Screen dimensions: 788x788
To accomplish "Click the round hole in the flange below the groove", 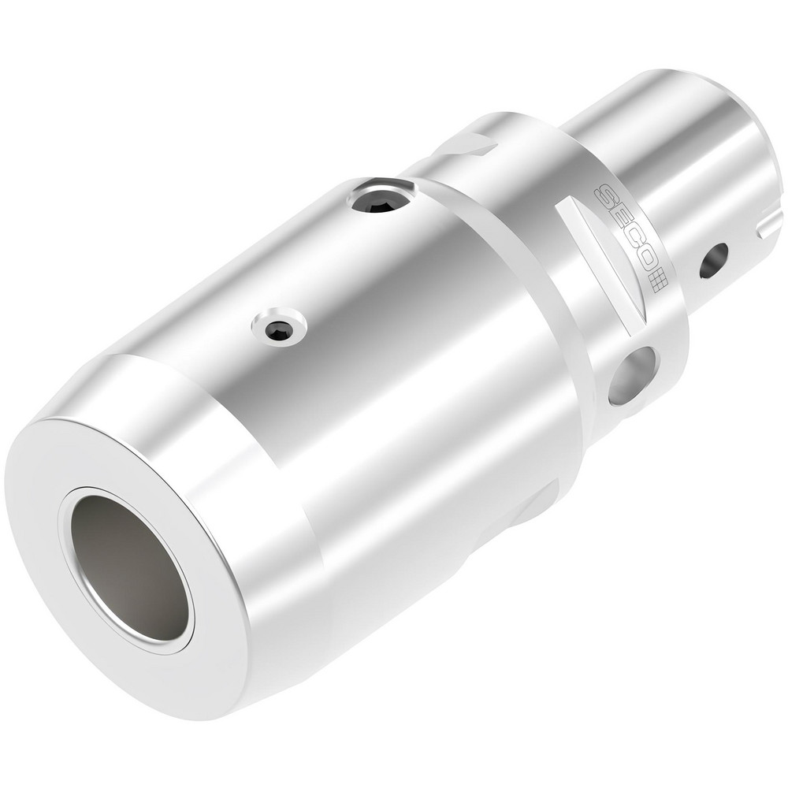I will [x=632, y=375].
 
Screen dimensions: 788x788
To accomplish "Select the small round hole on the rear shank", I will [x=714, y=261].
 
